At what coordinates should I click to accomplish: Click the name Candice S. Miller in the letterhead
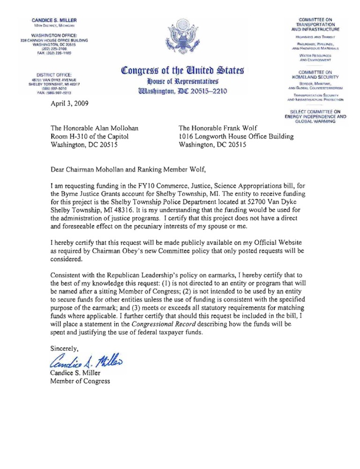pos(54,21)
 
